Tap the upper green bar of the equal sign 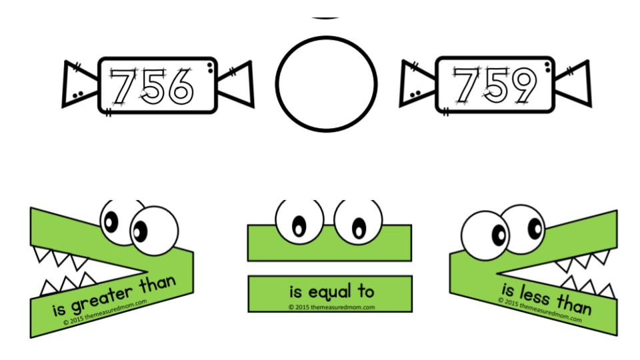(x=329, y=243)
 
